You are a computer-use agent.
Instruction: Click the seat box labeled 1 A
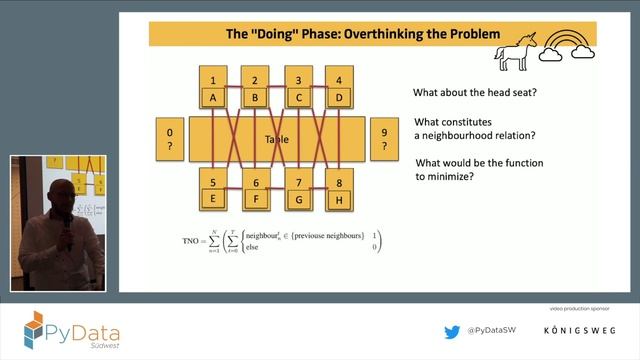(x=212, y=88)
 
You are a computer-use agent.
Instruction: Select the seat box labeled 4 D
(x=341, y=88)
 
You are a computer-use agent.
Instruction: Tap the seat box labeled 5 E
(x=212, y=190)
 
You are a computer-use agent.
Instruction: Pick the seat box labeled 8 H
(x=341, y=190)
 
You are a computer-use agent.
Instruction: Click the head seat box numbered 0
(x=170, y=139)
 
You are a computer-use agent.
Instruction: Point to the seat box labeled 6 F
(x=255, y=190)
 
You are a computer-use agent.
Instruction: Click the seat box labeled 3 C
(x=298, y=88)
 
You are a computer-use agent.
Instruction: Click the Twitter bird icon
(x=452, y=331)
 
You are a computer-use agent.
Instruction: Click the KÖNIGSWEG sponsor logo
(x=580, y=331)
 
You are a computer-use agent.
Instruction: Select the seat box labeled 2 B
(x=255, y=88)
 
